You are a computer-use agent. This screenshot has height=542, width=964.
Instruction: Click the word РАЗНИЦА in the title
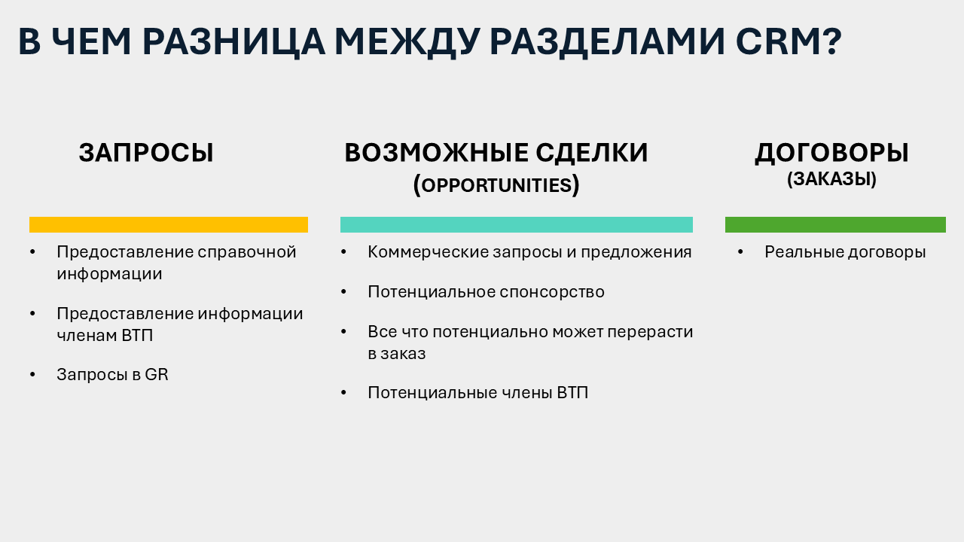click(x=233, y=42)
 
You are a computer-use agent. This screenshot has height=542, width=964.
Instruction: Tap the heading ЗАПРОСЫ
click(x=146, y=153)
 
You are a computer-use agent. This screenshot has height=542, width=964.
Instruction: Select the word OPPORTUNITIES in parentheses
click(x=496, y=185)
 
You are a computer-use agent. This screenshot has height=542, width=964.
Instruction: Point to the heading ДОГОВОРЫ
click(x=831, y=153)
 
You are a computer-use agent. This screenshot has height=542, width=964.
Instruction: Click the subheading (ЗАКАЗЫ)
click(x=831, y=179)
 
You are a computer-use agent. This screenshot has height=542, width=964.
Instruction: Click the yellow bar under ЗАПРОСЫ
click(x=169, y=224)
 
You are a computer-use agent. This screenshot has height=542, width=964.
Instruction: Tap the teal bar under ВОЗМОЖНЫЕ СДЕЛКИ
click(x=517, y=224)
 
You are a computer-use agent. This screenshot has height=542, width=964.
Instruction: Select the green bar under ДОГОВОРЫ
click(x=835, y=224)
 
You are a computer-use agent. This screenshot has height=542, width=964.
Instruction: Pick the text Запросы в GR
click(x=112, y=375)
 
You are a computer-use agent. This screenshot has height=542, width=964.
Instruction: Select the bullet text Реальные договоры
click(x=845, y=252)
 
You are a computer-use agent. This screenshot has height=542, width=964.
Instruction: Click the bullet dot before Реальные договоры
click(x=740, y=251)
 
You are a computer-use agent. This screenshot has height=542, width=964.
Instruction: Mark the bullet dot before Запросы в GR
click(x=32, y=374)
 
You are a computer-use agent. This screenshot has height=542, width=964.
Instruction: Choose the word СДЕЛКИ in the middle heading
click(x=592, y=153)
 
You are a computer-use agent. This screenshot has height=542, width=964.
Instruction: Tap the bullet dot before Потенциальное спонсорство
click(x=343, y=291)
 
